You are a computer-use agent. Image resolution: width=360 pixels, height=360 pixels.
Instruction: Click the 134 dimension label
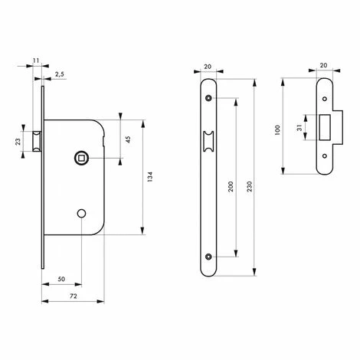click(150, 177)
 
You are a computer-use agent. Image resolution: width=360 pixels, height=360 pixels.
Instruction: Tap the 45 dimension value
click(128, 139)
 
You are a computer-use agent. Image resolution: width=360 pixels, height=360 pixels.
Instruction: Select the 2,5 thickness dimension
click(60, 74)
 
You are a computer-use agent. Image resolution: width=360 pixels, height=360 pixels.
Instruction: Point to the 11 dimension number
click(36, 61)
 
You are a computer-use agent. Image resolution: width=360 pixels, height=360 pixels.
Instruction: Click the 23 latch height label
click(18, 142)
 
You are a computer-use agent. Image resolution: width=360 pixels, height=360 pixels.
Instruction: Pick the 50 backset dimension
click(61, 279)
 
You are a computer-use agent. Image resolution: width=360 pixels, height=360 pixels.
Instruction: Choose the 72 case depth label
click(74, 296)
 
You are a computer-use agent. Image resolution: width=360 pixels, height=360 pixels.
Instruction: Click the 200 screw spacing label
click(231, 187)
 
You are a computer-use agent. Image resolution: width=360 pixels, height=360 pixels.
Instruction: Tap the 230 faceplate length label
click(250, 187)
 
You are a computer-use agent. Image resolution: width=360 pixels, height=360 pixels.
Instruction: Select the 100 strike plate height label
click(277, 130)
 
